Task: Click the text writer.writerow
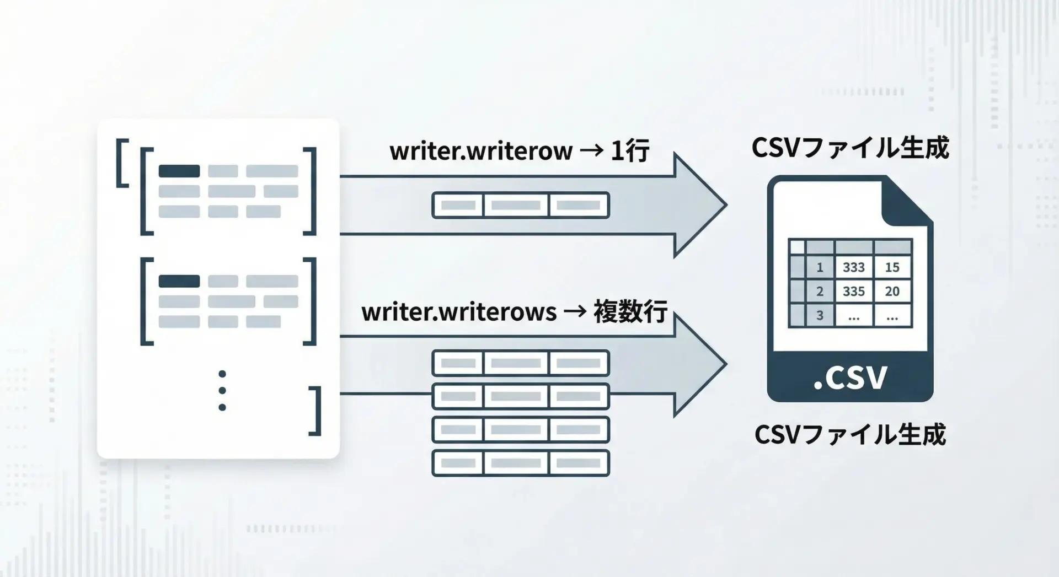[x=481, y=151]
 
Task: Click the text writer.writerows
[x=459, y=312]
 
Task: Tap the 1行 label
[x=629, y=150]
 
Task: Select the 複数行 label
[x=630, y=312]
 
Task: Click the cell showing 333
[x=853, y=267]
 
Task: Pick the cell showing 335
[x=853, y=292]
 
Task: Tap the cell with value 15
[x=892, y=267]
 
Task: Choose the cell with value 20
[x=892, y=292]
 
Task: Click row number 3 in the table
[x=820, y=316]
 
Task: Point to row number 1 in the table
[x=820, y=267]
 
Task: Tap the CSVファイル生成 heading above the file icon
[x=850, y=148]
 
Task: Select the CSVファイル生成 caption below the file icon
[x=850, y=434]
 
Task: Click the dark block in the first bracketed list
[x=179, y=171]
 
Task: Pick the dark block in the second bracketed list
[x=179, y=281]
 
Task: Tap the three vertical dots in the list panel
[x=222, y=390]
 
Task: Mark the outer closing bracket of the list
[x=316, y=411]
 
